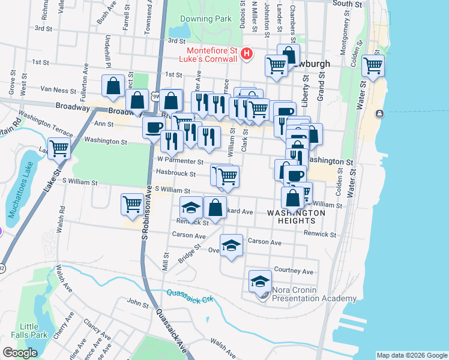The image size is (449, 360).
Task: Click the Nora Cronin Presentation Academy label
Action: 314,294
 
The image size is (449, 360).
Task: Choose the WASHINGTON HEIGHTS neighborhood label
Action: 296,217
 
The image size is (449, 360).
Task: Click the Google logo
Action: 20,353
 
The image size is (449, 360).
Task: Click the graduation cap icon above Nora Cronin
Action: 261,280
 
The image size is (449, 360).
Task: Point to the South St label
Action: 347,4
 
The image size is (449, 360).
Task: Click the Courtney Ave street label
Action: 294,271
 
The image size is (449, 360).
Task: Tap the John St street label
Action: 137,304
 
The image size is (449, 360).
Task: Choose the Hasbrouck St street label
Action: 176,173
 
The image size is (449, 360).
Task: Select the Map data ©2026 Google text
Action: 411,355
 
